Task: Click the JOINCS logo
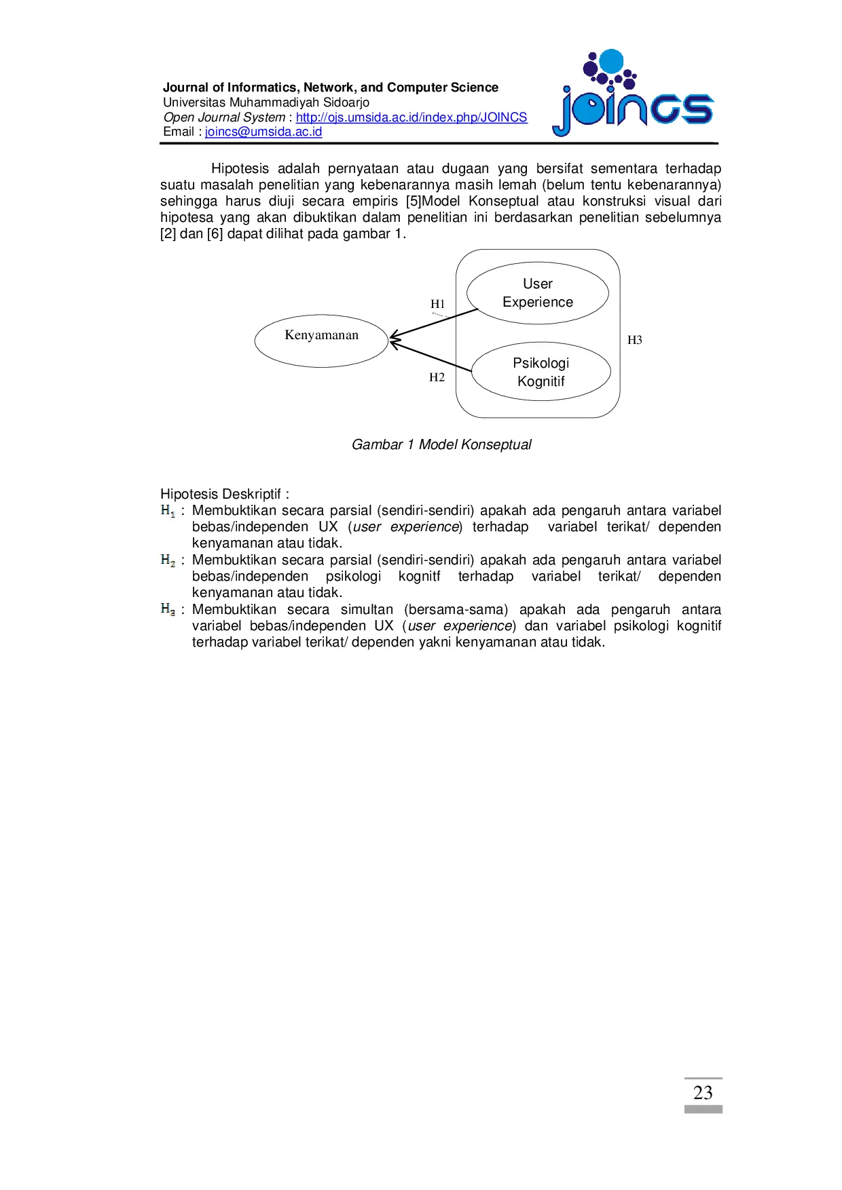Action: pos(634,95)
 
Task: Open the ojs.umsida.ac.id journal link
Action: pos(411,117)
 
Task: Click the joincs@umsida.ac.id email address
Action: pos(263,132)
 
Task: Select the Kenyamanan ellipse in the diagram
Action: pos(321,341)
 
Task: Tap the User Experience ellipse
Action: pos(537,293)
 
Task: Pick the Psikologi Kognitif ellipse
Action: pos(541,372)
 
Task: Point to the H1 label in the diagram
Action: pos(437,304)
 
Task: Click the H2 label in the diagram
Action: pos(437,377)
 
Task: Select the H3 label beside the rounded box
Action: pos(634,340)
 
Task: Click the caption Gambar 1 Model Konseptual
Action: pos(441,444)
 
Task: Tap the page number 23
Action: pos(703,1092)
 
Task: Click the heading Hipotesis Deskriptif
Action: pos(224,494)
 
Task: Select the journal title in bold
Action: pos(331,88)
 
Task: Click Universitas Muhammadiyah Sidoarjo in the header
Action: pos(266,102)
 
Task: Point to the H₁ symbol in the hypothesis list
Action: pos(168,510)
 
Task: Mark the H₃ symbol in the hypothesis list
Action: pos(168,609)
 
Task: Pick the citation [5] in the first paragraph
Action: pos(414,201)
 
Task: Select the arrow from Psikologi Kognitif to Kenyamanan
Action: pos(431,357)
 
